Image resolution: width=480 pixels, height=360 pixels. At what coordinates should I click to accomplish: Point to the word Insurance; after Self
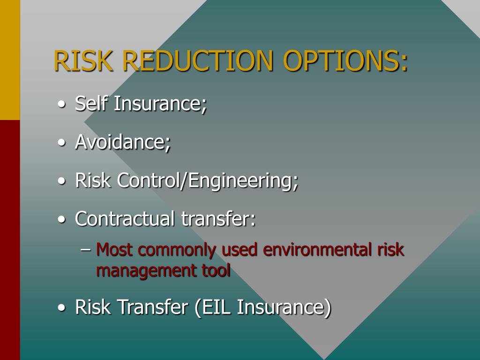click(160, 104)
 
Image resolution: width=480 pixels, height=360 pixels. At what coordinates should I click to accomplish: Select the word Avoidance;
click(123, 142)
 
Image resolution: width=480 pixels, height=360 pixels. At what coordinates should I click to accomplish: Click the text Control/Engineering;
click(208, 181)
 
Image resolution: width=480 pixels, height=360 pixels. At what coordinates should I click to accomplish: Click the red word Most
click(114, 250)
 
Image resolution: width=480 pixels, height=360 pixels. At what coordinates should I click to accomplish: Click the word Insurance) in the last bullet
click(285, 307)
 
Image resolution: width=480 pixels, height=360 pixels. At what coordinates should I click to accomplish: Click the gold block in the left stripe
click(10, 60)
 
